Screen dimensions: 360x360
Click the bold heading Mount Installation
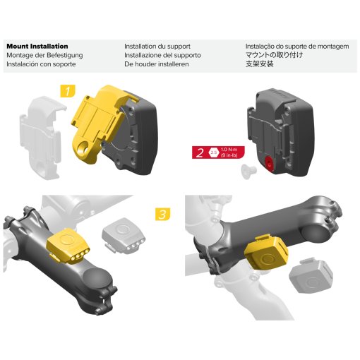[37, 46]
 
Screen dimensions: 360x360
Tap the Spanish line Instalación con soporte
[41, 64]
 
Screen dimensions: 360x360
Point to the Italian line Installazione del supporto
[162, 55]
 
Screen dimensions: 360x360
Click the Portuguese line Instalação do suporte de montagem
[296, 46]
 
